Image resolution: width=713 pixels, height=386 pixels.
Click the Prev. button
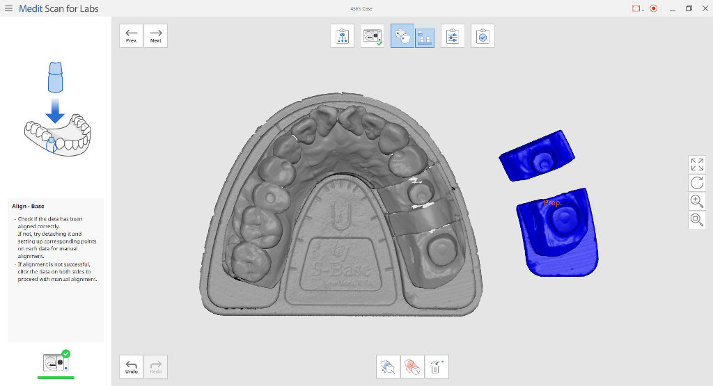(x=131, y=35)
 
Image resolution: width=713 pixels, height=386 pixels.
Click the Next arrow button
(x=155, y=35)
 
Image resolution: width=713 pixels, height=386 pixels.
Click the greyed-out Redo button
(x=155, y=367)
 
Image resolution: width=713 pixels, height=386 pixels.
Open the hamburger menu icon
(x=8, y=8)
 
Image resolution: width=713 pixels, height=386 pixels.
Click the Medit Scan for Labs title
(x=58, y=9)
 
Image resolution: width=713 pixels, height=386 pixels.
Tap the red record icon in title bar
(x=653, y=8)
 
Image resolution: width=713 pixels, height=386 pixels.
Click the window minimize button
(x=671, y=8)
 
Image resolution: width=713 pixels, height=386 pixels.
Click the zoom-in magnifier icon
(x=696, y=202)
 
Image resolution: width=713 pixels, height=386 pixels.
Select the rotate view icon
(x=696, y=183)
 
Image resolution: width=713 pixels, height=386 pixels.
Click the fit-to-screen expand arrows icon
(x=696, y=164)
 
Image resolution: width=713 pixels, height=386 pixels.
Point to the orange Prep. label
(x=553, y=202)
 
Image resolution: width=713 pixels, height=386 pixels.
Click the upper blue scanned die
(x=537, y=156)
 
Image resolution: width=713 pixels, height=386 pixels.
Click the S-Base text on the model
(x=341, y=268)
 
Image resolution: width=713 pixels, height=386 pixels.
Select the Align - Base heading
(x=29, y=206)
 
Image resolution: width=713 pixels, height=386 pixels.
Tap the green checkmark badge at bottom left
(x=65, y=353)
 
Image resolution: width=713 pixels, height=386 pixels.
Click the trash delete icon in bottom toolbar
(x=437, y=367)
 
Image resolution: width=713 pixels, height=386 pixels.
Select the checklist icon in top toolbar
(x=483, y=36)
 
